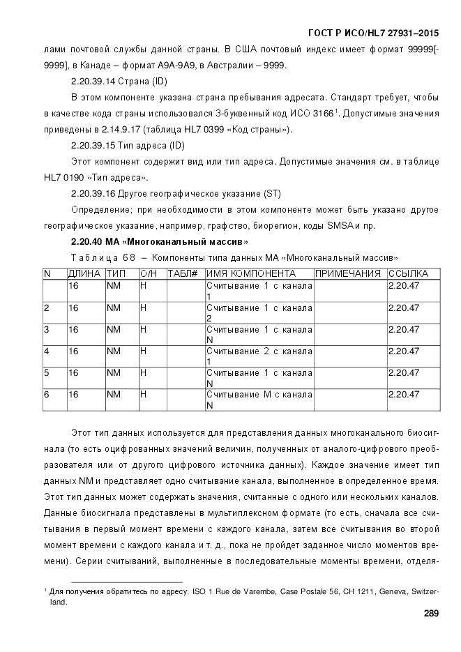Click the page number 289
(431, 614)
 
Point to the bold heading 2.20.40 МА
(160, 241)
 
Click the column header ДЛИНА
(84, 273)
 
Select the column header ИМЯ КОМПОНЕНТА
(251, 273)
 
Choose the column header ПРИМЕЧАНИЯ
(348, 273)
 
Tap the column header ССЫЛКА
(409, 273)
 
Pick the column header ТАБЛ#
(183, 273)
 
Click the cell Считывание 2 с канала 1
(259, 356)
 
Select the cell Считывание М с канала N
(259, 399)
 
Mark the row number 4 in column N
(46, 351)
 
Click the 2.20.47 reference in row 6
(403, 394)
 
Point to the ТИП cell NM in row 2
(113, 308)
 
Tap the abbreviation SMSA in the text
(342, 226)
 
